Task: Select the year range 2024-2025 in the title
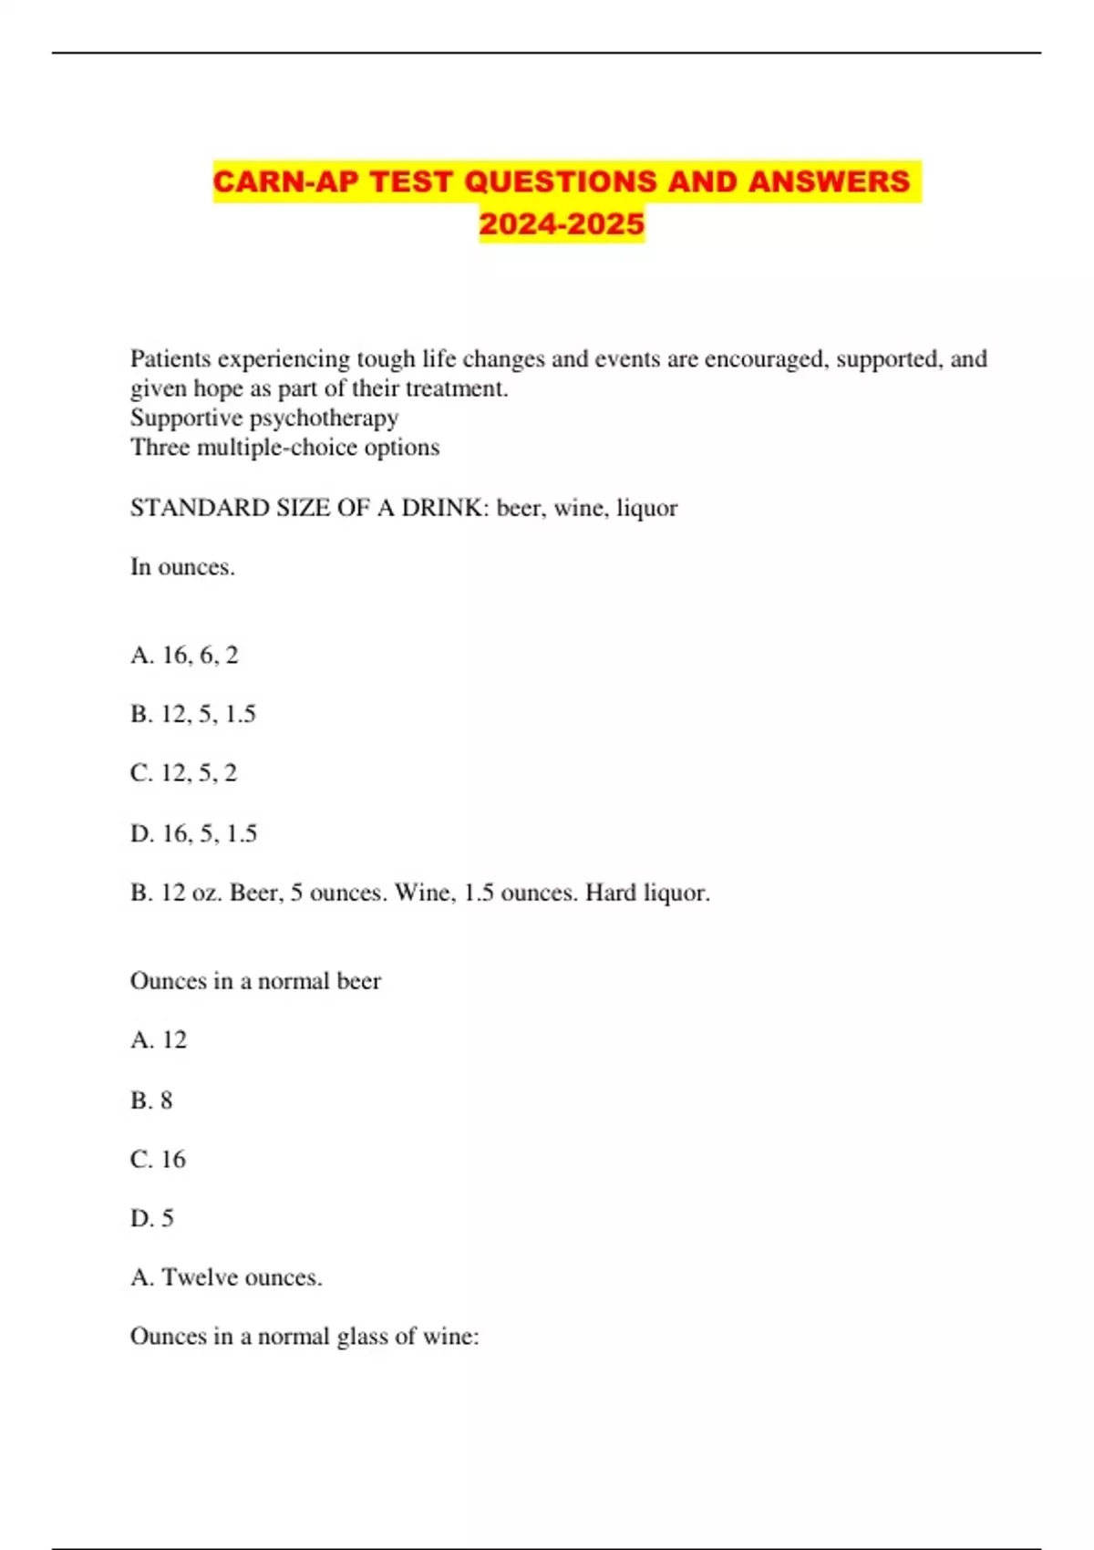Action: click(x=562, y=223)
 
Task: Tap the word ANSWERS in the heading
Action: click(x=829, y=181)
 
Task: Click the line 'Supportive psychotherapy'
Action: click(x=264, y=418)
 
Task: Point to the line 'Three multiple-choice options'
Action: click(x=284, y=448)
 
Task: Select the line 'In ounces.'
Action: click(x=182, y=567)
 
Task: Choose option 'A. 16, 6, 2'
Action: click(x=184, y=655)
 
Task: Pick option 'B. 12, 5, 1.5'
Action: click(x=193, y=714)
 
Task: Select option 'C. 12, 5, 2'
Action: click(x=183, y=773)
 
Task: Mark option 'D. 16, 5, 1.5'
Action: click(x=193, y=833)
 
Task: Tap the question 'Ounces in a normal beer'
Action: click(x=255, y=981)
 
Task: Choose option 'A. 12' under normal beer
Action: click(x=159, y=1040)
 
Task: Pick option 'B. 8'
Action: click(x=151, y=1100)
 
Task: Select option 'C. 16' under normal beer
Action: click(x=158, y=1160)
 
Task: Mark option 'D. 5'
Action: click(x=151, y=1219)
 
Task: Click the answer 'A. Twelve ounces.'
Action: click(x=226, y=1277)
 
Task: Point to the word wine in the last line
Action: click(x=452, y=1337)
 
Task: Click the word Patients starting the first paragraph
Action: click(x=170, y=359)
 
